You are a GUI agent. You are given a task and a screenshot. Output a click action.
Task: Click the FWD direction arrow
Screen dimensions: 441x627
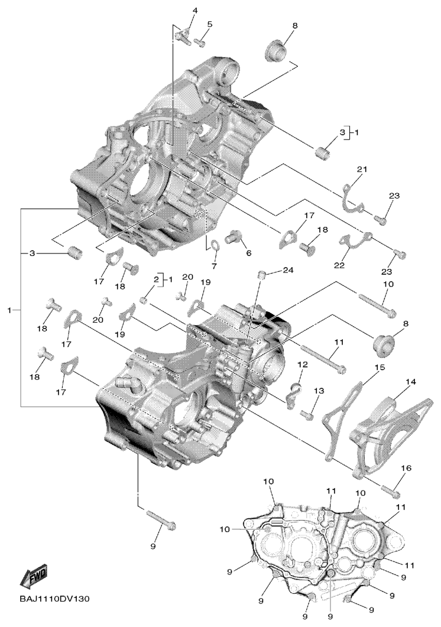click(33, 577)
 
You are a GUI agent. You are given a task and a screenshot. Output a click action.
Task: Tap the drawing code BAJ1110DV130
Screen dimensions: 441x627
click(54, 599)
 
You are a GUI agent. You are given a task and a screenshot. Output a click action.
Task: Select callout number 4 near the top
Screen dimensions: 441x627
click(195, 11)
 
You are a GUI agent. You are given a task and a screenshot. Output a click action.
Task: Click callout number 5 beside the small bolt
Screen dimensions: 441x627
click(210, 24)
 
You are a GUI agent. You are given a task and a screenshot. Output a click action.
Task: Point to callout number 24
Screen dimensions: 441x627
click(288, 270)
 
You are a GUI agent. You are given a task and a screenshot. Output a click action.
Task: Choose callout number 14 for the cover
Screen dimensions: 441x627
click(411, 382)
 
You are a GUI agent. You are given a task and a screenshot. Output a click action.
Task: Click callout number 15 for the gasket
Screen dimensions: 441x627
click(380, 366)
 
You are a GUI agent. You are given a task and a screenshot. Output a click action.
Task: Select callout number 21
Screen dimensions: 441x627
click(362, 170)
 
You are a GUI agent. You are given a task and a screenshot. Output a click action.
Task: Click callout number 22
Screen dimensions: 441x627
click(339, 265)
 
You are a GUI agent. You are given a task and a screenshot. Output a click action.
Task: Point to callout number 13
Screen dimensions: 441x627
click(319, 390)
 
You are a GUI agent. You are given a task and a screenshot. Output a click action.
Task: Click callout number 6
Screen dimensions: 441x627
click(248, 253)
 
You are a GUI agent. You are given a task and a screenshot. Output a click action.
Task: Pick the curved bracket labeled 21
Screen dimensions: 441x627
click(354, 197)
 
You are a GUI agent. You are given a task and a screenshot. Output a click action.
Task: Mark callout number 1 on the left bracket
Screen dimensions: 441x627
click(11, 310)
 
